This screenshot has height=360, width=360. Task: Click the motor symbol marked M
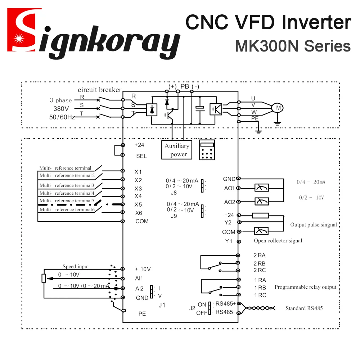[x=277, y=107]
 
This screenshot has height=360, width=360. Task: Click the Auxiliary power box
[x=176, y=150]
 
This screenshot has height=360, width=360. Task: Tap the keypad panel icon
[x=207, y=150]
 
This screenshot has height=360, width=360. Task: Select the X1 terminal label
[x=138, y=172]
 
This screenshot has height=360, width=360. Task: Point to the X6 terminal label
[x=139, y=213]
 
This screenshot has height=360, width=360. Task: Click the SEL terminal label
[x=141, y=156]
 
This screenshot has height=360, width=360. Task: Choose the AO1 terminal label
[x=229, y=188]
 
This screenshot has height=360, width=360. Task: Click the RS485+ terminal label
[x=225, y=303]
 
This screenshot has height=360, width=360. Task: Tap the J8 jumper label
[x=174, y=192]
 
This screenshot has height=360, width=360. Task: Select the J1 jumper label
[x=162, y=305]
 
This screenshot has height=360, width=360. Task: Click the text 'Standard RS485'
[x=304, y=308]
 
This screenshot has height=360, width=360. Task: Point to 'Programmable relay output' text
[x=305, y=287]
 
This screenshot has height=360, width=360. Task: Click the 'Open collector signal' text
[x=278, y=240]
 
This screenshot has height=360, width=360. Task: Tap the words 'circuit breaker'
[x=99, y=90]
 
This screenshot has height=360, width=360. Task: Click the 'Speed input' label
[x=76, y=266]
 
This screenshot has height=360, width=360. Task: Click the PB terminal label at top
[x=185, y=87]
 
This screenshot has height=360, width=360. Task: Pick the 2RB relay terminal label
[x=259, y=263]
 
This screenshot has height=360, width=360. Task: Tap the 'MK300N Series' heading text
[x=293, y=46]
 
